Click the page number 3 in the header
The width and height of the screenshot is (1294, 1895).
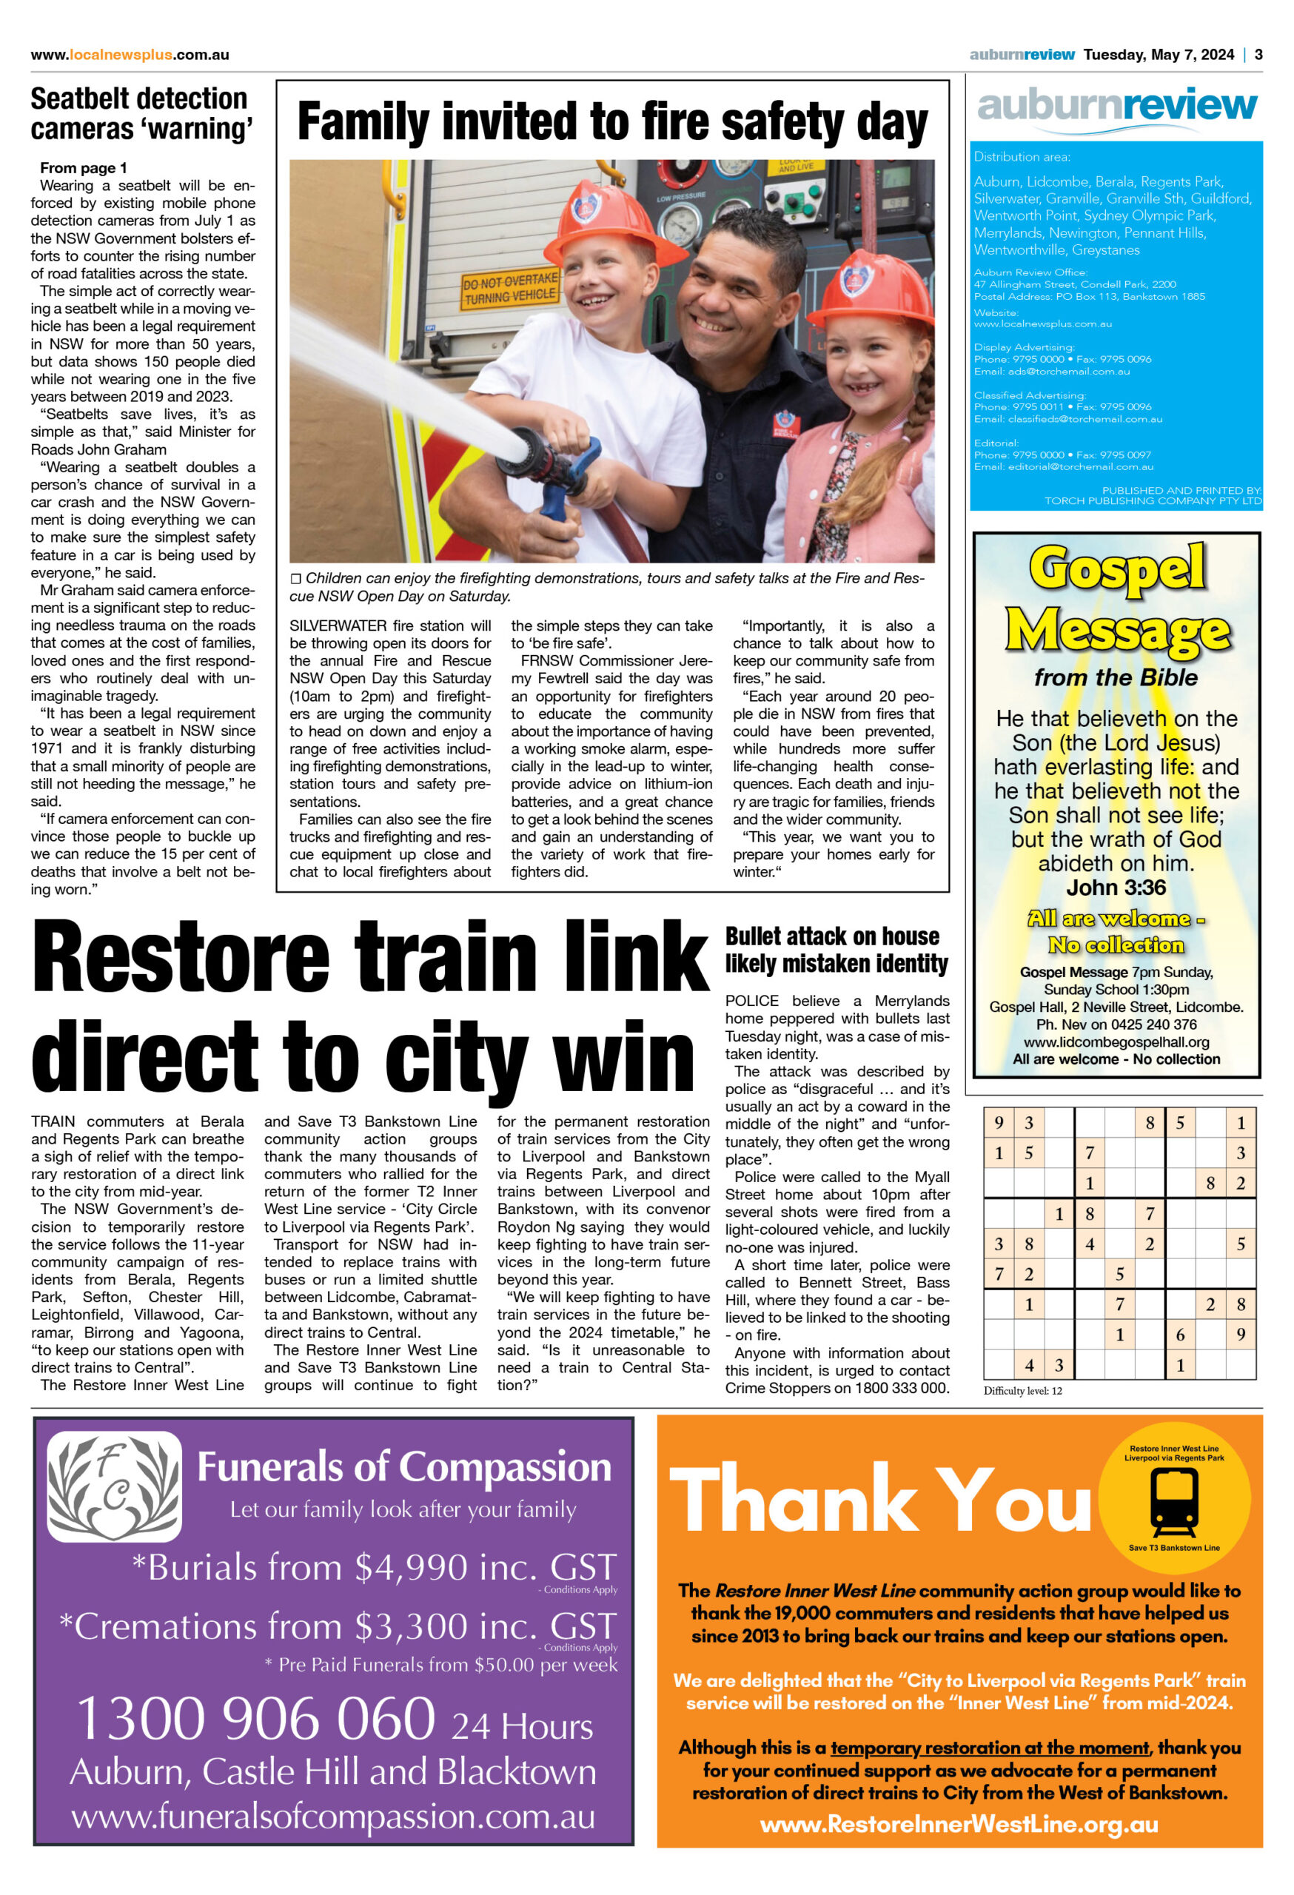tap(1258, 55)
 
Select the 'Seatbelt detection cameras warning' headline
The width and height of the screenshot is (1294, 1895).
tap(142, 113)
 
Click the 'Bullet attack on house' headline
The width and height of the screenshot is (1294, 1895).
tap(836, 949)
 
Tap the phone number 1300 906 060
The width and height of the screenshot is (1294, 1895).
tap(256, 1718)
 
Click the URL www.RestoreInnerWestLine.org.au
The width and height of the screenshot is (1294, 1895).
tap(959, 1824)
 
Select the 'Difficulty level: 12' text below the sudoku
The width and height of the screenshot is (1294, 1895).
tap(1022, 1390)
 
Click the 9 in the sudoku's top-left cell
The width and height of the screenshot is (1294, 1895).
tap(999, 1123)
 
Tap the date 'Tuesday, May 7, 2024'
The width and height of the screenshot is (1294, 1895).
tap(1158, 55)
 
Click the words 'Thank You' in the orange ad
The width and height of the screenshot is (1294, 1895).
tap(879, 1500)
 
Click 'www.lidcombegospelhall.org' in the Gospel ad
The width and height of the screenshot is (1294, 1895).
tap(1116, 1042)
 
